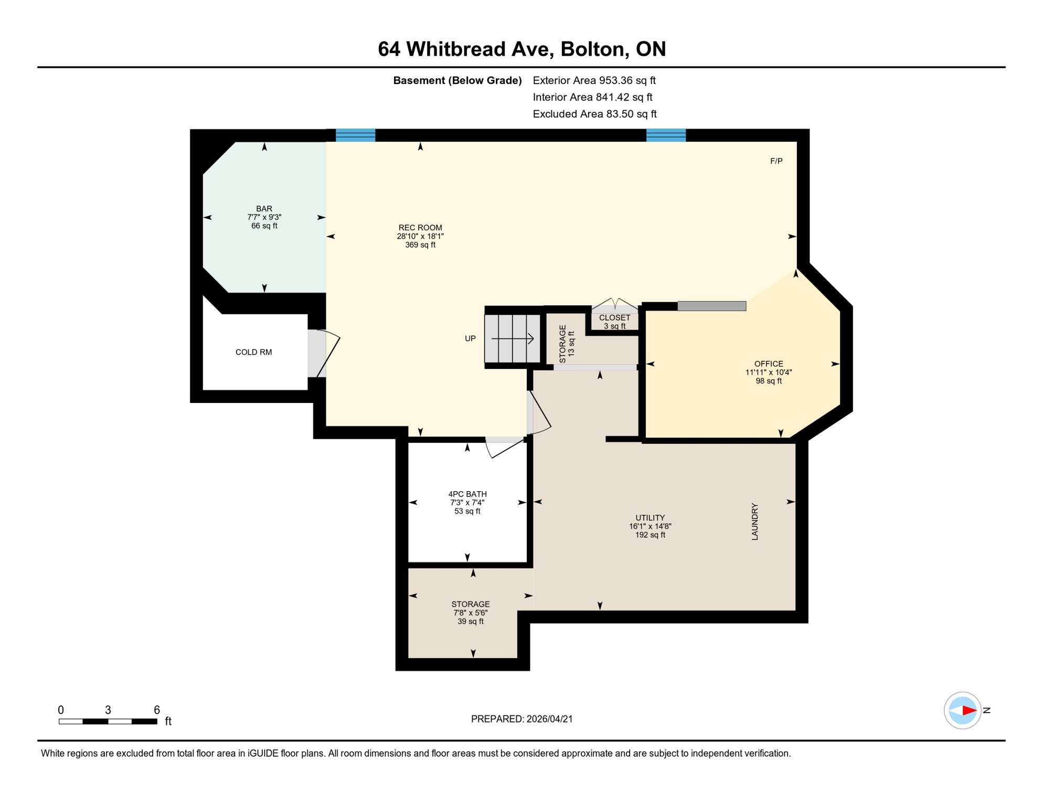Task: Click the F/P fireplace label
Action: [776, 161]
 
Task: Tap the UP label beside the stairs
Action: [470, 338]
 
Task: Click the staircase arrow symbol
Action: [513, 339]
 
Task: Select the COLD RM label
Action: [253, 352]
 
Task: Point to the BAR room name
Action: [264, 208]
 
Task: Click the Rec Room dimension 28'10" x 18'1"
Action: [420, 236]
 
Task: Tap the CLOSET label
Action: [614, 317]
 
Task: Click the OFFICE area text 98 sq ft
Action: [768, 381]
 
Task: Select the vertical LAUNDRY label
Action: [754, 522]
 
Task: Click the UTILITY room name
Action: [650, 517]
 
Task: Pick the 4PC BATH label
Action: [467, 494]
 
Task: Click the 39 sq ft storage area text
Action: [470, 621]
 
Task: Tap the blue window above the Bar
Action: [355, 135]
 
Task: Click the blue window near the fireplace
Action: [665, 135]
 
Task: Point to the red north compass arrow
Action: [968, 710]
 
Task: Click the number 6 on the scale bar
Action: [156, 710]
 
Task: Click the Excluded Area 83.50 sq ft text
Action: [594, 114]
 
